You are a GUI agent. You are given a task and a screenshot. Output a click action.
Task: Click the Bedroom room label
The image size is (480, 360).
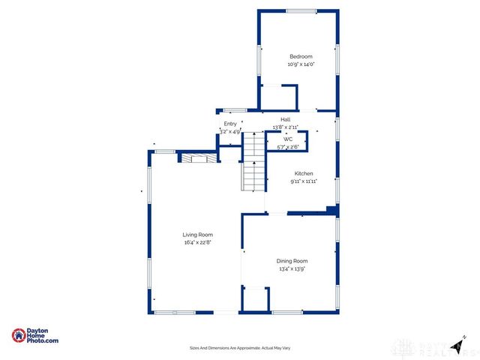tap(301, 57)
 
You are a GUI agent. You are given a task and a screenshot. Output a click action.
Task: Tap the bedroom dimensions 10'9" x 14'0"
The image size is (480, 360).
tap(301, 64)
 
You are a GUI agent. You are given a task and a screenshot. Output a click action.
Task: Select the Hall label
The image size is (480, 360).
tap(286, 119)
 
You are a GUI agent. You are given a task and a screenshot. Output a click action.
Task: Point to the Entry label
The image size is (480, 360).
tap(230, 124)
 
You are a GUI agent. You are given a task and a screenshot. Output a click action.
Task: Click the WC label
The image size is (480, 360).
tap(288, 139)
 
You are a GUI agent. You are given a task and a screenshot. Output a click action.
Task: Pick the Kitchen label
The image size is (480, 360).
tap(303, 173)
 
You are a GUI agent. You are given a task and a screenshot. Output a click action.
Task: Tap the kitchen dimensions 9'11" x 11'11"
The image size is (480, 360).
tap(303, 181)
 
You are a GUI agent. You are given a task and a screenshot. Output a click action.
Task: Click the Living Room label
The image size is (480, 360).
tap(198, 235)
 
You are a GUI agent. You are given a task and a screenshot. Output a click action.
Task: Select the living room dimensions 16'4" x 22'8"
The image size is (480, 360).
tap(198, 242)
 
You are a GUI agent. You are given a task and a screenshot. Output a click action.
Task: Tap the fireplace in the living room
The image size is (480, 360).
tap(198, 158)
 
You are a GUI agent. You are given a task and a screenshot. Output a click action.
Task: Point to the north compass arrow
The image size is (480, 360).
tap(457, 344)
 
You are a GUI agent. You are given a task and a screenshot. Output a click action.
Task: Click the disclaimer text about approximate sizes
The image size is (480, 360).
tap(240, 348)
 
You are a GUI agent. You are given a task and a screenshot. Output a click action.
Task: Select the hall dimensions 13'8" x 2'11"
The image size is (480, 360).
tap(286, 127)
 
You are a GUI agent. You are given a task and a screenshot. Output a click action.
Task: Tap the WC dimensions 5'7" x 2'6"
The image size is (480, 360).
tap(288, 147)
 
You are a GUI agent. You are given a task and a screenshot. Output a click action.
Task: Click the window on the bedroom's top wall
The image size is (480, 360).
tap(301, 10)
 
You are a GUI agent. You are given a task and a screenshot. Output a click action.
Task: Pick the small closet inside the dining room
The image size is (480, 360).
tap(255, 298)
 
